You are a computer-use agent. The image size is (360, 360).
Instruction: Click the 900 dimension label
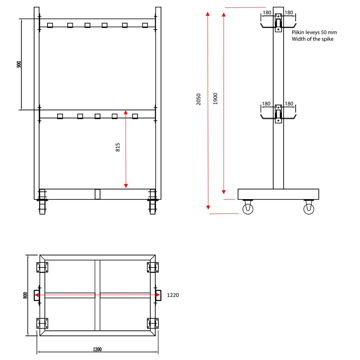click(19, 64)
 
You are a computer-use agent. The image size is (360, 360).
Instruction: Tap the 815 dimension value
click(118, 147)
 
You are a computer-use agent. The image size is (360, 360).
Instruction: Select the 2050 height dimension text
click(199, 99)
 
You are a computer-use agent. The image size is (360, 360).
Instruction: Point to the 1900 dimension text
click(215, 99)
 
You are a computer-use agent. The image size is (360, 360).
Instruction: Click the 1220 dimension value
click(173, 295)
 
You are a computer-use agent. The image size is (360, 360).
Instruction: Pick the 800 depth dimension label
click(25, 295)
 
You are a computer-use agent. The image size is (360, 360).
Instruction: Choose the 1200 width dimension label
click(97, 349)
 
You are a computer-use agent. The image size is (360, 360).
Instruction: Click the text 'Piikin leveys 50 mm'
click(314, 32)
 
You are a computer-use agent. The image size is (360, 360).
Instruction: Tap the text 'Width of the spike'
click(312, 39)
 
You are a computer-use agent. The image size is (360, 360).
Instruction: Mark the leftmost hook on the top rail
click(50, 25)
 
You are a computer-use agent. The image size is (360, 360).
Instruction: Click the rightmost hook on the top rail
click(145, 25)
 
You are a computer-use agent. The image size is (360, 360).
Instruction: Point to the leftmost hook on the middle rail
click(60, 116)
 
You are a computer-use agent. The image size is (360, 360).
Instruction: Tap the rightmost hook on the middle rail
click(135, 116)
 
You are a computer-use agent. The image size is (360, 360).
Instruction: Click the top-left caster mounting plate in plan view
click(42, 267)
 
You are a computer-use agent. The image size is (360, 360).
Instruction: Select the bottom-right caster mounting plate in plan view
click(153, 323)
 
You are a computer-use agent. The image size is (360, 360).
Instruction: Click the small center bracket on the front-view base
click(97, 194)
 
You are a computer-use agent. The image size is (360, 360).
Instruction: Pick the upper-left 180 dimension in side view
click(267, 13)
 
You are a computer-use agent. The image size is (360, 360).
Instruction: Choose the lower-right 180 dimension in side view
click(289, 104)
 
